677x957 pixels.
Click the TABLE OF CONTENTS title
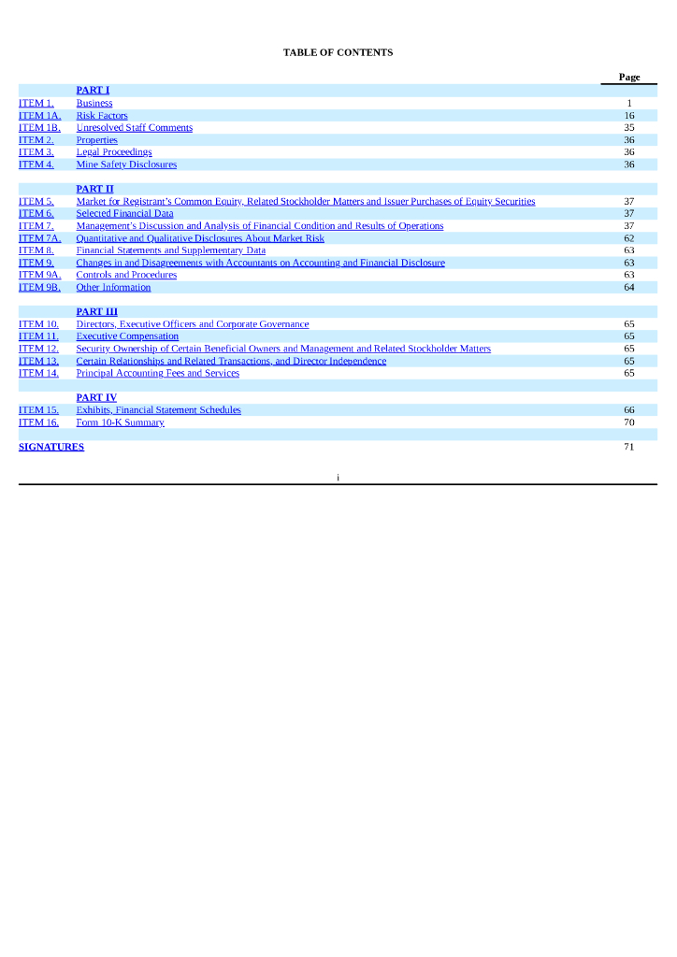(338, 52)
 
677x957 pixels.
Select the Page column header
(629, 77)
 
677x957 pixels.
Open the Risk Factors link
(102, 116)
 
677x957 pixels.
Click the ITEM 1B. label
(39, 128)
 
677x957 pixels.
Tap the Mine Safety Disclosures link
(126, 164)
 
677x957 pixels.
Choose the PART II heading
(94, 189)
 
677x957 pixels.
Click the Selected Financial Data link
(124, 213)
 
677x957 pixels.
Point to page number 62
(629, 238)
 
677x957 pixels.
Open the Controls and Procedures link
(126, 275)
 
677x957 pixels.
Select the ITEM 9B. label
(39, 287)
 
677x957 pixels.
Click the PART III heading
(96, 312)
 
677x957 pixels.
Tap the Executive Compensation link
(127, 336)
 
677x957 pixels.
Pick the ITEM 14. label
(38, 373)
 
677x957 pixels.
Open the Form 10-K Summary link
(120, 422)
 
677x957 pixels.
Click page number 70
(629, 422)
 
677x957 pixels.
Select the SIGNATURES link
(51, 447)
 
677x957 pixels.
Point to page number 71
(629, 447)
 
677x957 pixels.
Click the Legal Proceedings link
(114, 152)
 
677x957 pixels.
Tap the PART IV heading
(96, 398)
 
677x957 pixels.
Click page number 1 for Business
(629, 104)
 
